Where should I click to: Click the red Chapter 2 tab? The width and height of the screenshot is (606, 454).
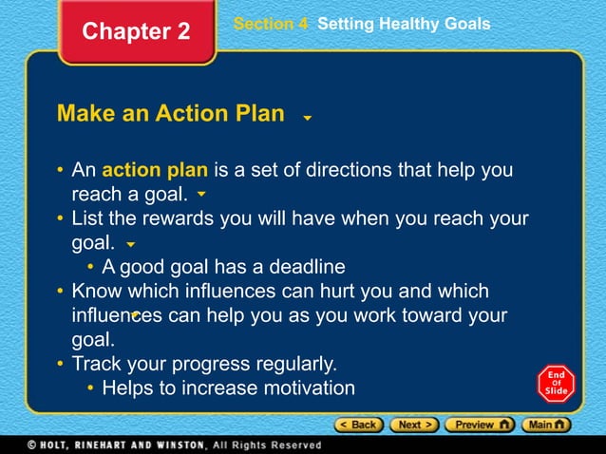pos(136,31)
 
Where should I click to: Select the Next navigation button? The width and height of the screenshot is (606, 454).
pos(413,425)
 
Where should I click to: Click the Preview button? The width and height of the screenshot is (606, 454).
pos(480,425)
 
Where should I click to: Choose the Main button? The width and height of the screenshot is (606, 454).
pos(548,425)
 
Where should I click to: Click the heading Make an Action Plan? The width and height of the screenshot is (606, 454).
pos(171,114)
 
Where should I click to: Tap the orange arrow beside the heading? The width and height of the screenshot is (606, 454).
pos(307,119)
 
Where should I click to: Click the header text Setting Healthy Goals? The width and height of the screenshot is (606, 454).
pos(404,24)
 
